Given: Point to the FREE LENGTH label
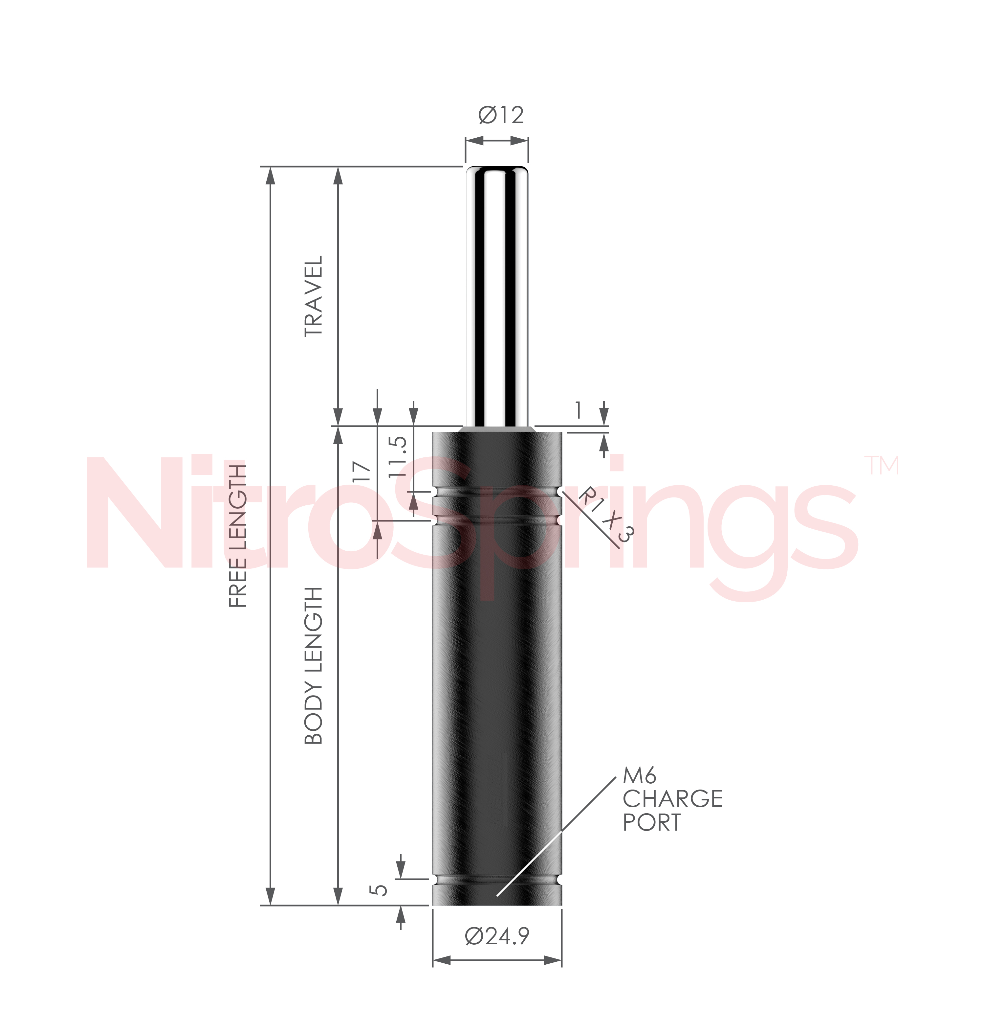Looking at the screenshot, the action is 238,536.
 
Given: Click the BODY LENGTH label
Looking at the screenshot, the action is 314,666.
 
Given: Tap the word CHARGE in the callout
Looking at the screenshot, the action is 673,799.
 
